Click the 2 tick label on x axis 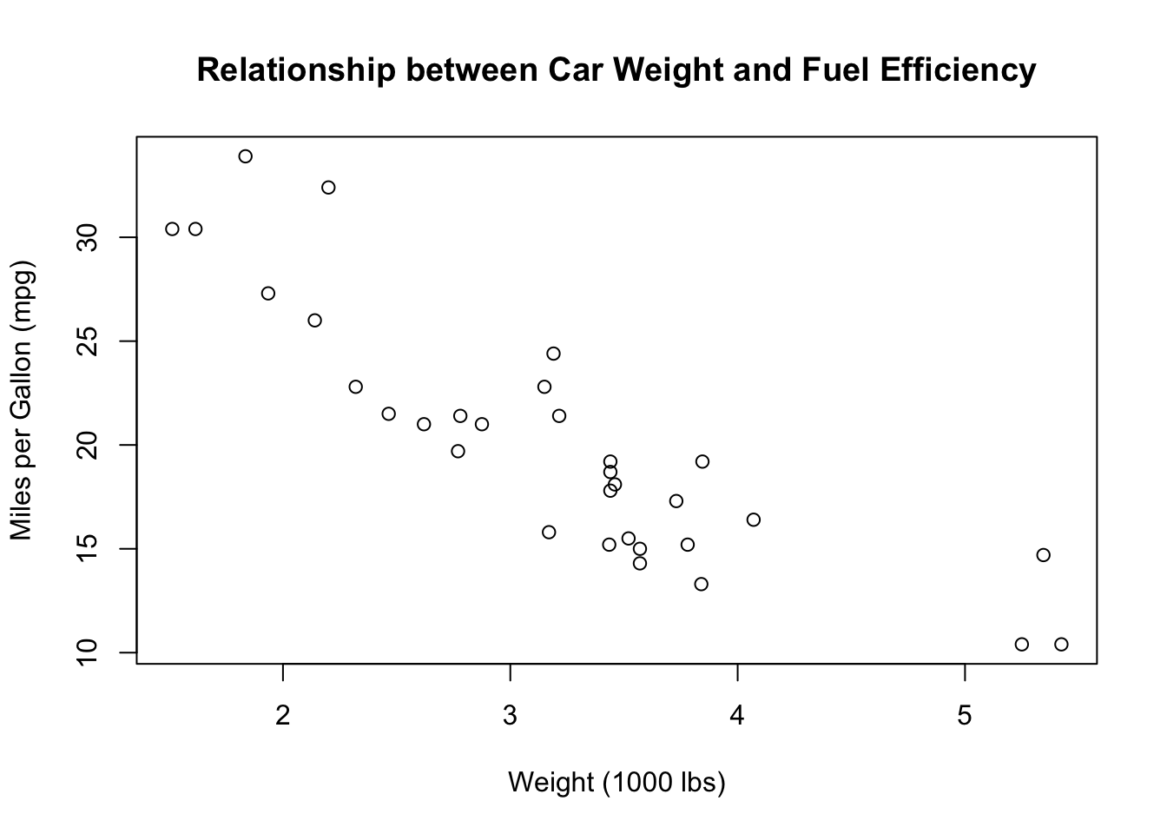[x=283, y=716]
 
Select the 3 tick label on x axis [x=511, y=716]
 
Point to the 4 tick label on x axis [x=738, y=716]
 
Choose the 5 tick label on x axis [x=965, y=716]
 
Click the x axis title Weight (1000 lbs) [x=616, y=783]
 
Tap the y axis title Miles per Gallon [x=22, y=400]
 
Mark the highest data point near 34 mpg [x=246, y=156]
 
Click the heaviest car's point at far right [x=1061, y=644]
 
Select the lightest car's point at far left [x=172, y=229]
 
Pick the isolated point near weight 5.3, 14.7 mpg [x=1044, y=555]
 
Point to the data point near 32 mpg [x=328, y=188]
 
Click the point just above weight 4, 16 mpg [x=754, y=520]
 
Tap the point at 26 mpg [x=315, y=321]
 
